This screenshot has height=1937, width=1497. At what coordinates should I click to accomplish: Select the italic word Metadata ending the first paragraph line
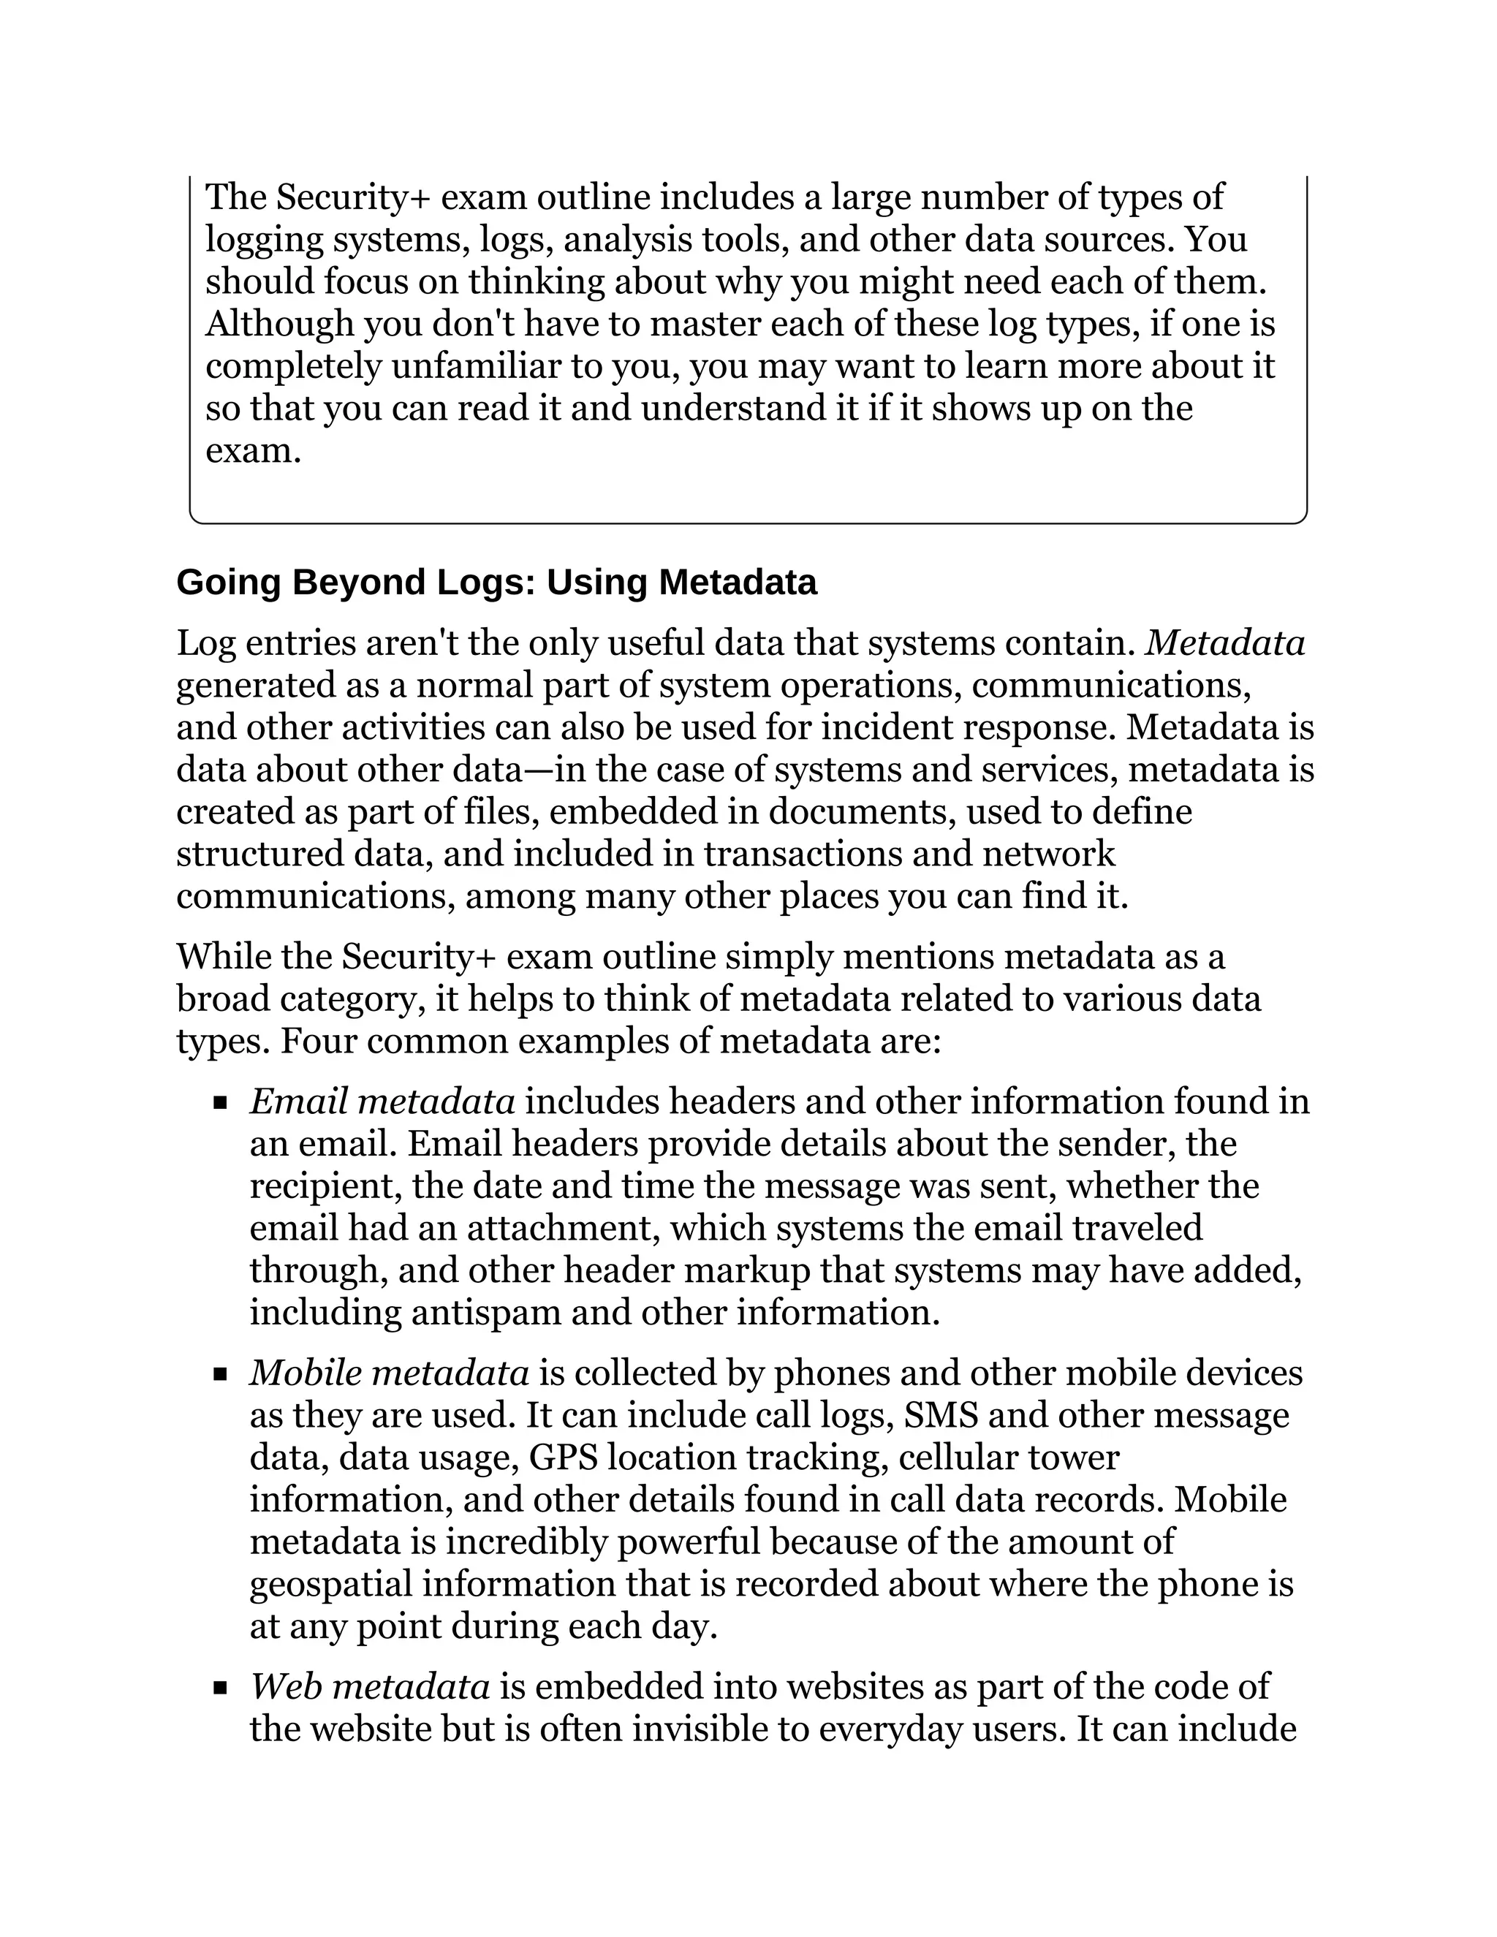tap(1225, 643)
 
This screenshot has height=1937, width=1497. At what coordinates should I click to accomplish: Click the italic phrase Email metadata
tap(382, 1102)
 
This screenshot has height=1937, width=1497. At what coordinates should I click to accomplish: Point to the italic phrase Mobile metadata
tap(390, 1373)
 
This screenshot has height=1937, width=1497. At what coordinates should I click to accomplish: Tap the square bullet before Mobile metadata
tap(221, 1376)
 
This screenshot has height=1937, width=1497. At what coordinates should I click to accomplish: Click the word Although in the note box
tap(279, 324)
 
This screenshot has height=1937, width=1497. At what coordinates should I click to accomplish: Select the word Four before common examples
tap(319, 1041)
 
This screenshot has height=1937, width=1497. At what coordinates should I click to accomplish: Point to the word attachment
tap(563, 1229)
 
